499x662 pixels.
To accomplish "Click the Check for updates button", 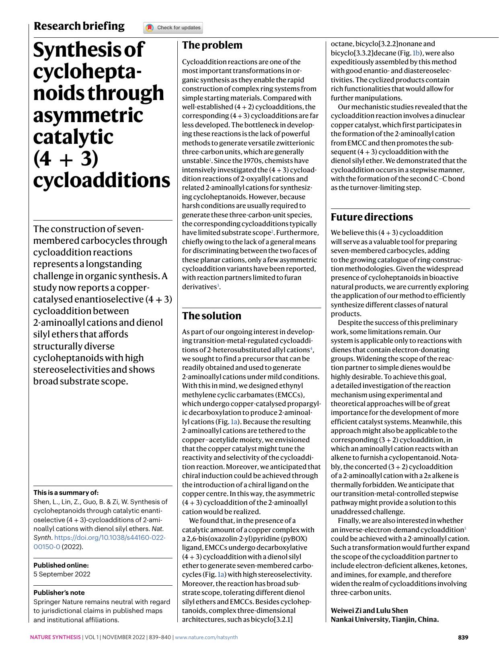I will tap(173, 28).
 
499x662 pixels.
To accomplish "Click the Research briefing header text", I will tap(79, 26).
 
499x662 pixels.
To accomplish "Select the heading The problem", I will tap(212, 45).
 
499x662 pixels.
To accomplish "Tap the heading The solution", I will tap(212, 316).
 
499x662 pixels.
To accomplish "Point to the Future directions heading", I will tap(372, 217).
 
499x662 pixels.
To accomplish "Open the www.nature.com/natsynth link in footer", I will tap(206, 637).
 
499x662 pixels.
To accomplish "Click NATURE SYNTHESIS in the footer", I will tap(55, 637).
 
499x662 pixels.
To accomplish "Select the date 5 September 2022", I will tap(62, 574).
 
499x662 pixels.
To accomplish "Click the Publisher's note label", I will tap(59, 593).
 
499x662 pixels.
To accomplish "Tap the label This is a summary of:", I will tap(66, 492).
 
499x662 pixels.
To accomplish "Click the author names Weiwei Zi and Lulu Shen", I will tap(369, 610).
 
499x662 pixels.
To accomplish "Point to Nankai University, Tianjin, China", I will tap(384, 619).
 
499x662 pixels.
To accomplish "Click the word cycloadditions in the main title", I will tap(101, 180).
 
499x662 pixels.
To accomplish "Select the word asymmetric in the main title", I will tap(88, 115).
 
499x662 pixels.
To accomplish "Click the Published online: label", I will tap(61, 565).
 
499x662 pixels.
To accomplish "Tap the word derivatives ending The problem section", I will tap(199, 287).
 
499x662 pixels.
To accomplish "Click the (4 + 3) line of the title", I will tap(66, 158).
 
